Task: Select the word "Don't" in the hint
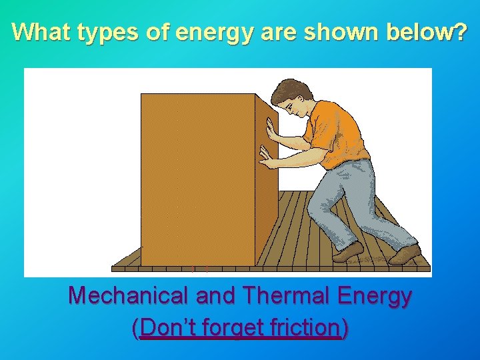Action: coord(166,327)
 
